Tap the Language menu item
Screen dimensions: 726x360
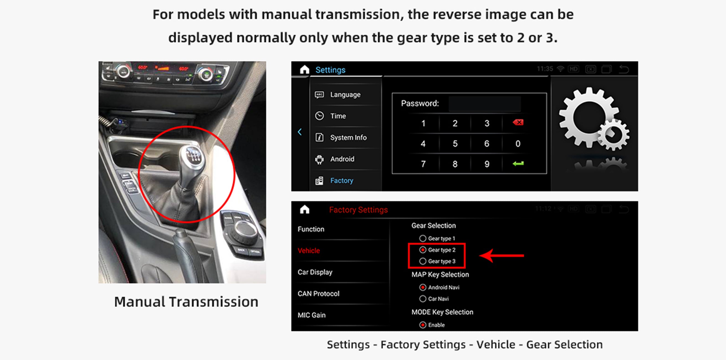[x=345, y=95]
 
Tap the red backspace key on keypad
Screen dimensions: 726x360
[x=518, y=122]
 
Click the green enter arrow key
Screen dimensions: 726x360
[x=518, y=164]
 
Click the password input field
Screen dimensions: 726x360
[x=485, y=104]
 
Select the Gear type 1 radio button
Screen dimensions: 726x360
[x=423, y=239]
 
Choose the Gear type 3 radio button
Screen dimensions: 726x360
[x=423, y=261]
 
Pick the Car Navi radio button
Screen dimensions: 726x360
[x=423, y=299]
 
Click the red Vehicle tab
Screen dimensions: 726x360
[x=309, y=251]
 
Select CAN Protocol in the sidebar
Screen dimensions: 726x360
[x=318, y=294]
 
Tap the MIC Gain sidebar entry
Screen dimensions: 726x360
[x=311, y=315]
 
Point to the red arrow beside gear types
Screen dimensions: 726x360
[x=502, y=256]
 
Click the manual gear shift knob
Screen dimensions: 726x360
[x=193, y=157]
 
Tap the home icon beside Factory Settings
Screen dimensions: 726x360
[x=305, y=210]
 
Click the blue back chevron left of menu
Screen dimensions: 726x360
[x=300, y=132]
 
